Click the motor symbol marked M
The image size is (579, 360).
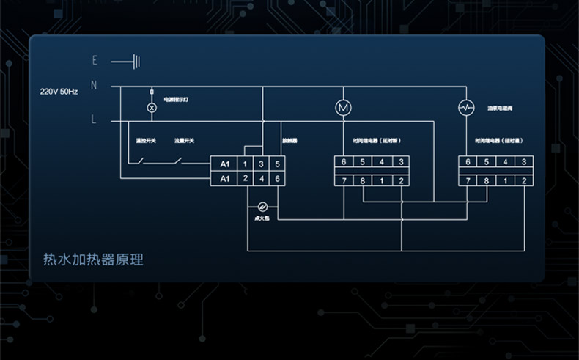pos(343,107)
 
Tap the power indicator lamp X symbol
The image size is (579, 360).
pos(152,107)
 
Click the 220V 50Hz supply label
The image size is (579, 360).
pos(59,92)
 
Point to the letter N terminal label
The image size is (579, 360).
pos(94,85)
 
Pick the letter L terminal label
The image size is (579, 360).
pos(94,120)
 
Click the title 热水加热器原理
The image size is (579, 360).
pos(93,260)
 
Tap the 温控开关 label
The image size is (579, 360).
pos(146,140)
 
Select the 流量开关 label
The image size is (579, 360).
pos(184,140)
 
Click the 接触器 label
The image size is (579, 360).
pos(290,140)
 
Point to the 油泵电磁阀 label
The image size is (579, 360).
pos(501,108)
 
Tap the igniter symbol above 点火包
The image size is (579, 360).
pos(263,205)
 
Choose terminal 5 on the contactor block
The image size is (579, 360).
pos(277,164)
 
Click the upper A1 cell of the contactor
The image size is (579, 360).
pos(225,164)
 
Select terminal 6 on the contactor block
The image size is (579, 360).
pos(277,179)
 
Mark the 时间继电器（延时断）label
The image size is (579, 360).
pos(376,140)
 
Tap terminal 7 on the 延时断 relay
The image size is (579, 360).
pos(343,180)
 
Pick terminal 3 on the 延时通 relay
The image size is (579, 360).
pos(523,162)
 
